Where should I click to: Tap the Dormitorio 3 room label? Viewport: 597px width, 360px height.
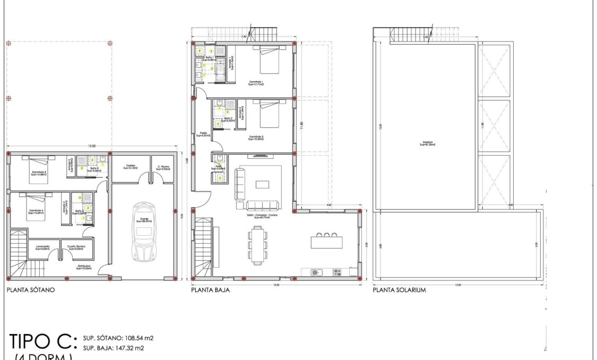[x=36, y=173]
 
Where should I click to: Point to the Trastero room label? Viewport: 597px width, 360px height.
[x=131, y=167]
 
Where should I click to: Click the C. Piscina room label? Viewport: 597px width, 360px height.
[x=162, y=167]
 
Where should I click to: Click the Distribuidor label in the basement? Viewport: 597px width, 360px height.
[x=83, y=268]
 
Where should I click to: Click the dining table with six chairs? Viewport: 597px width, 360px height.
[x=257, y=245]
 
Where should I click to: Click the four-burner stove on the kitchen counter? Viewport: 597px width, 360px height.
[x=336, y=272]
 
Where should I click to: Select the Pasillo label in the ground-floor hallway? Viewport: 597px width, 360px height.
[x=203, y=134]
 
